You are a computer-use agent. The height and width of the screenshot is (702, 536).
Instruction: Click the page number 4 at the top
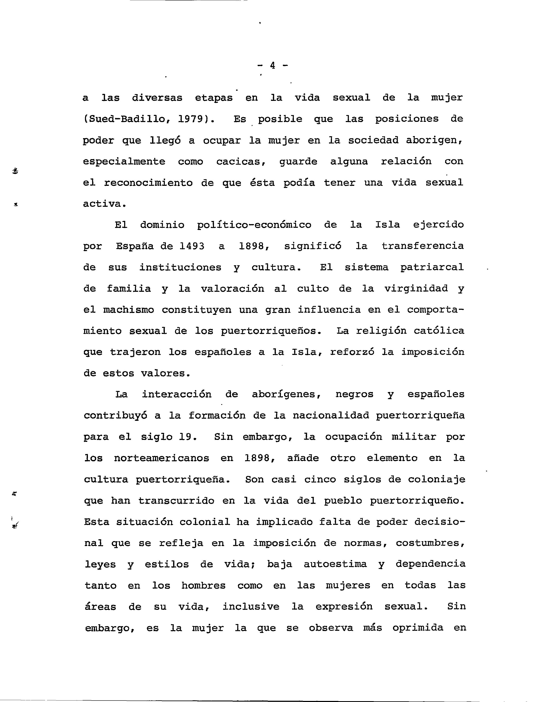pos(272,65)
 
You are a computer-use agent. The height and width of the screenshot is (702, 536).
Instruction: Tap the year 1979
pos(190,119)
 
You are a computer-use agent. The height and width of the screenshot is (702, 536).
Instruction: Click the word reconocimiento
pos(148,183)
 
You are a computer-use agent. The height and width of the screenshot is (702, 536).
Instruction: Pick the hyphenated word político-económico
pos(254,225)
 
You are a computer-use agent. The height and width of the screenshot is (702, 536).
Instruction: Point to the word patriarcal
pos(432,267)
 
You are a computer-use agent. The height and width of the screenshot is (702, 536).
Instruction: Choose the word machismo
pos(129,310)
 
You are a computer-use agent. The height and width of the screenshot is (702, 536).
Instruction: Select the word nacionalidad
pos(330,416)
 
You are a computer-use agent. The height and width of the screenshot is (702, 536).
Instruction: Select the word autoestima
pos(335,564)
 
